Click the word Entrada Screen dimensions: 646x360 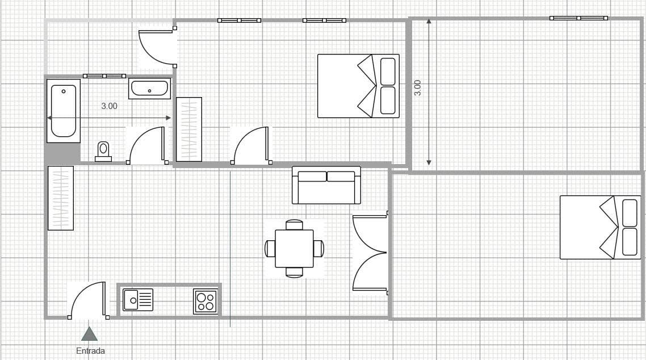pos(90,351)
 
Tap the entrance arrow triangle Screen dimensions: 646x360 pos(89,334)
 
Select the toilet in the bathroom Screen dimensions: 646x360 pos(103,152)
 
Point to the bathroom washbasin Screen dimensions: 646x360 pos(149,89)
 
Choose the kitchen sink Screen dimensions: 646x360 pos(138,300)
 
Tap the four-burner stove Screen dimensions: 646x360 pos(205,302)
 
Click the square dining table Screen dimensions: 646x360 pos(294,248)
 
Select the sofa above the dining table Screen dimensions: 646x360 pos(326,185)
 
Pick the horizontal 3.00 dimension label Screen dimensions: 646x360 pos(109,106)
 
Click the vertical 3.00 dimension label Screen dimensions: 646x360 pos(417,88)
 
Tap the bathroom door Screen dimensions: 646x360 pos(147,145)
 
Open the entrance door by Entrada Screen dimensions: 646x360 pos(88,300)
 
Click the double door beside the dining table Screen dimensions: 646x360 pos(370,253)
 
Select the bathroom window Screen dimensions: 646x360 pos(104,76)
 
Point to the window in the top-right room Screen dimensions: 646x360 pos(578,18)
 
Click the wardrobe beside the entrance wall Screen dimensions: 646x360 pos(61,198)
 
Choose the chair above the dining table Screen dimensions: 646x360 pos(294,224)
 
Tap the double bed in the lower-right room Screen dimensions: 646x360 pos(600,227)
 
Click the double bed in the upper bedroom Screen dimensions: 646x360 pos(358,86)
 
